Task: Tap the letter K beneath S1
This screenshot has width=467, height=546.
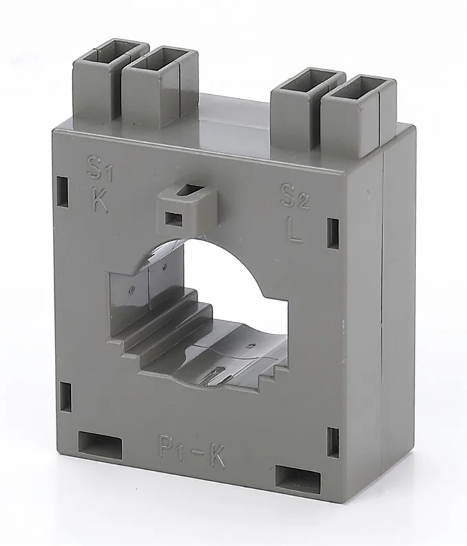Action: click(x=100, y=201)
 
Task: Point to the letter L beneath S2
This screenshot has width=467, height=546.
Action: click(x=295, y=231)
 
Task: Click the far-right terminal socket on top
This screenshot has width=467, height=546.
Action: click(x=357, y=88)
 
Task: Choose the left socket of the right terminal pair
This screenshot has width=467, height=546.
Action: click(x=305, y=79)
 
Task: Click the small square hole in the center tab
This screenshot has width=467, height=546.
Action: click(x=171, y=219)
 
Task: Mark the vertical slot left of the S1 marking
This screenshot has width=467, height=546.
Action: click(x=63, y=187)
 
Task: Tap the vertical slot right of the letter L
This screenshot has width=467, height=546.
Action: click(x=333, y=233)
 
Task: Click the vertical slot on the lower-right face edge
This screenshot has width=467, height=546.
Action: click(x=332, y=442)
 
